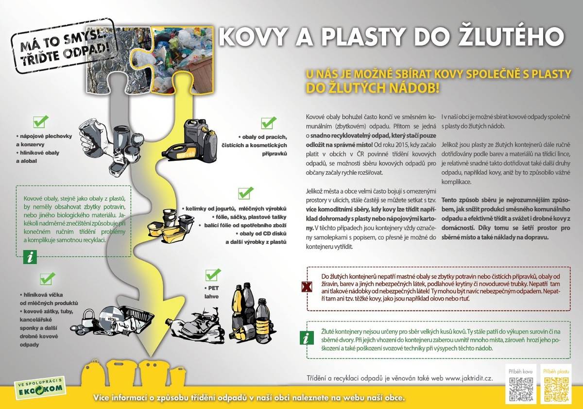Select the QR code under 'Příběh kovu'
point(521,388)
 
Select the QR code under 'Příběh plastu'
point(556,388)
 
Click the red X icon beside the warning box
point(307,287)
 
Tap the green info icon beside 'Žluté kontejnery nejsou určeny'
point(307,338)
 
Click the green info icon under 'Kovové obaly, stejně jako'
point(30,257)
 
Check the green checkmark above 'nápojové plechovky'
point(41,121)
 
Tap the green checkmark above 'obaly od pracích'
point(268,122)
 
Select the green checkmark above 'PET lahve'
point(213,274)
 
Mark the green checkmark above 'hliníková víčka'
point(47,278)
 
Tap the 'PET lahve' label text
point(211,291)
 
